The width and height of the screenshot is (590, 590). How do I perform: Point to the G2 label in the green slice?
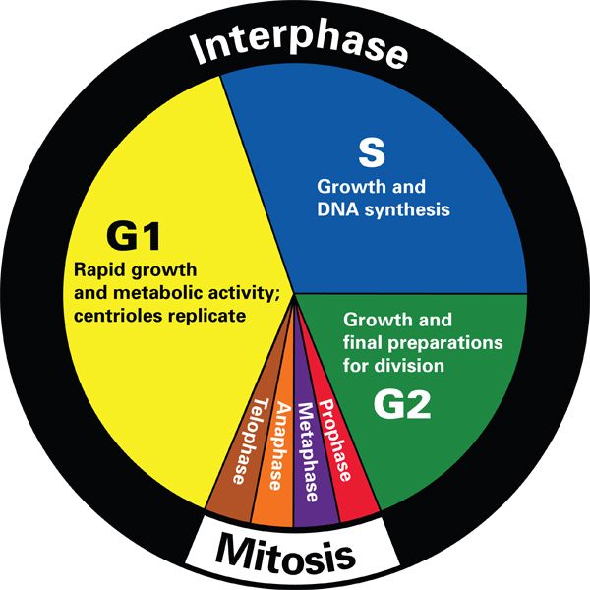pyautogui.click(x=404, y=405)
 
